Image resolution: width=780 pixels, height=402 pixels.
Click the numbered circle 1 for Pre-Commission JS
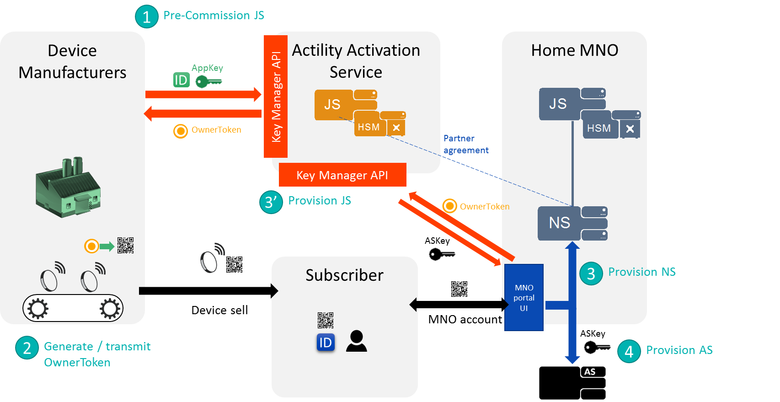coord(146,17)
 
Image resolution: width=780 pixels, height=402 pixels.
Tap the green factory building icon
coord(68,188)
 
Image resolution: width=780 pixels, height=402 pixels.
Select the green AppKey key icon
coord(208,81)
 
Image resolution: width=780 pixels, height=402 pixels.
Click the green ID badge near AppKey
coord(181,80)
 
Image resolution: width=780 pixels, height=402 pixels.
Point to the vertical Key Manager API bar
coord(276,96)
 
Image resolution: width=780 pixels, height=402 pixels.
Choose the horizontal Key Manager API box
coord(342,175)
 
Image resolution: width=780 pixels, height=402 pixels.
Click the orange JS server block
coord(333,105)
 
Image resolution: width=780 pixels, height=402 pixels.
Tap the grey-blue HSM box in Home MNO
coord(599,129)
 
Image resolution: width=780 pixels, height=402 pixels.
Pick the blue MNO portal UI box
coord(524,297)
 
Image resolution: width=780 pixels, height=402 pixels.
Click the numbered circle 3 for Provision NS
coord(591,273)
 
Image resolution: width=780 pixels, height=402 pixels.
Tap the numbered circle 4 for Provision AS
coord(629,351)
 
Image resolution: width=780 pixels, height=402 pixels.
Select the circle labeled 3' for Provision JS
coord(271,202)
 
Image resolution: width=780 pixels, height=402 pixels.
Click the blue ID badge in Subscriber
coord(326,343)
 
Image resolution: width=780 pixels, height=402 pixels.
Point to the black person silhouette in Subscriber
coord(356,341)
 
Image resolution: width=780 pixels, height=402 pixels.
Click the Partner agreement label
coord(465,144)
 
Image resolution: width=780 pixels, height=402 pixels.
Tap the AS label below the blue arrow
coord(590,372)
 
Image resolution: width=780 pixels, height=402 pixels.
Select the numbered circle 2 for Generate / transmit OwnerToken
coord(27,348)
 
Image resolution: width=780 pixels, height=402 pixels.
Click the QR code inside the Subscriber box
coord(326,320)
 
